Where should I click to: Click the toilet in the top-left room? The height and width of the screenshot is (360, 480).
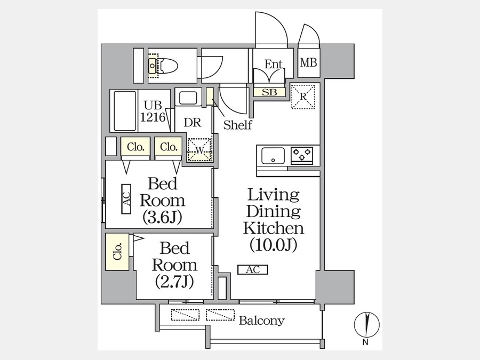tap(163, 66)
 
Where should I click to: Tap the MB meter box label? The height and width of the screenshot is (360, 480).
tap(309, 62)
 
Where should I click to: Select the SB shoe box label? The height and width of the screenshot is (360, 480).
tap(269, 92)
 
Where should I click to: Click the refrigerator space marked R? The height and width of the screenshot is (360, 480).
tap(303, 97)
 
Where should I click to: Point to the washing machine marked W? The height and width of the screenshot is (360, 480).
tap(199, 150)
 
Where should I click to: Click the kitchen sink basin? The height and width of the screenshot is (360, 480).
tap(273, 156)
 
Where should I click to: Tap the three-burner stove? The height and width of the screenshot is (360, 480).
tap(302, 154)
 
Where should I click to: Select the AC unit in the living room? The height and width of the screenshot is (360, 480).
tap(253, 270)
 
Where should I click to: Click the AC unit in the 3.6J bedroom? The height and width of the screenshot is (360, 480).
tap(126, 199)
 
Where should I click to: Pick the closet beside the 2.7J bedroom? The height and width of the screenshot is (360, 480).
tap(117, 252)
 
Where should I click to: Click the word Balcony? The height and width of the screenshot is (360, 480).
tap(262, 321)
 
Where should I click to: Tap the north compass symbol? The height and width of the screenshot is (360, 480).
tap(367, 324)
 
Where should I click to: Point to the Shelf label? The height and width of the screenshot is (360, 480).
tap(237, 125)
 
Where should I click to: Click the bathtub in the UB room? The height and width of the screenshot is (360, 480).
tap(125, 111)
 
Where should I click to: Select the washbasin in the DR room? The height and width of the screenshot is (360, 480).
tap(188, 98)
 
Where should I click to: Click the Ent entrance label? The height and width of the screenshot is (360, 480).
tap(274, 65)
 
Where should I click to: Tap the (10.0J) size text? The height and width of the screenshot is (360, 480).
tap(274, 245)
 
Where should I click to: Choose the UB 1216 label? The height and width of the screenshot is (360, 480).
tap(153, 111)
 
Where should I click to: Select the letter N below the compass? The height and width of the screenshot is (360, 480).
tap(365, 342)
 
